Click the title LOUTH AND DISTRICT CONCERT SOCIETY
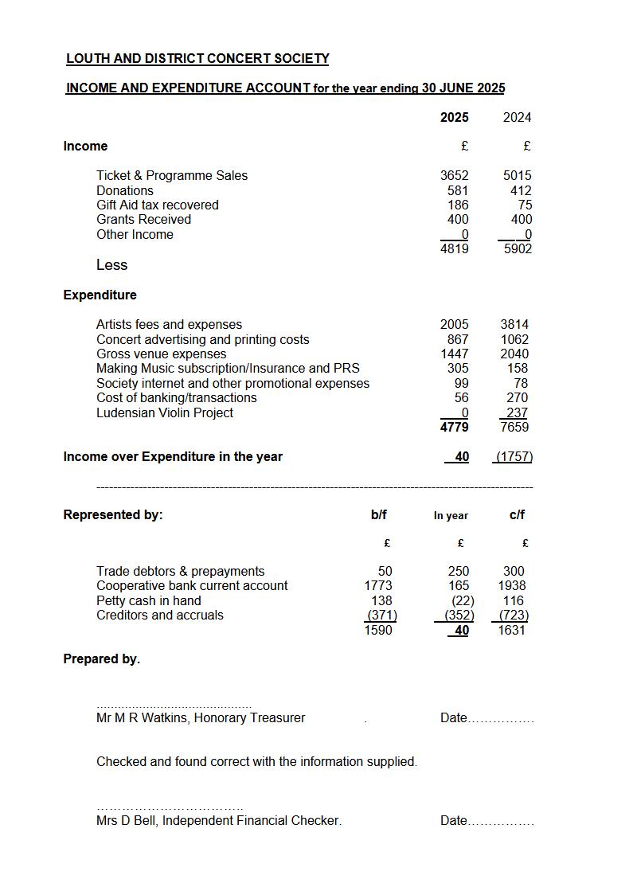[197, 59]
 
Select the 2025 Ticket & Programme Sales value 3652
[454, 175]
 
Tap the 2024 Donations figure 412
[521, 190]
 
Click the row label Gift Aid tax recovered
[157, 205]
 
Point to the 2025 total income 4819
[454, 248]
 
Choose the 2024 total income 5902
[518, 248]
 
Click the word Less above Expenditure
[111, 264]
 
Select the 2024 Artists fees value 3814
[514, 324]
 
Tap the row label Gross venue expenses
[161, 354]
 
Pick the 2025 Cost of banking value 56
[462, 397]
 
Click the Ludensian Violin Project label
[165, 412]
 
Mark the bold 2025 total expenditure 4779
[454, 427]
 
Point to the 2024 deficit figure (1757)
[514, 457]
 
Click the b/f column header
[379, 514]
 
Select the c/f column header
[517, 514]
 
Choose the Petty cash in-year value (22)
[463, 600]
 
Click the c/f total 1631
[511, 630]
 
